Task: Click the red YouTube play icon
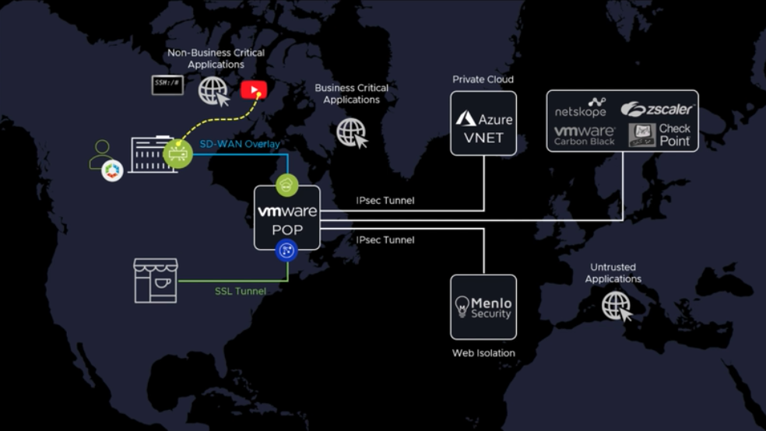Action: [254, 90]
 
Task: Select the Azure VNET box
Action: [483, 123]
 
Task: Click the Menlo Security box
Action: [483, 307]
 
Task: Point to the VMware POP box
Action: [287, 218]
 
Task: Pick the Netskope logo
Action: [581, 107]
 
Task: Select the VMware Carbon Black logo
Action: [585, 135]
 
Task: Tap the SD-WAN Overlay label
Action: [240, 145]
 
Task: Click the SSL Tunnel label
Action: [241, 291]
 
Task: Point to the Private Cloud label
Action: [483, 79]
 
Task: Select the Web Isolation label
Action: [483, 353]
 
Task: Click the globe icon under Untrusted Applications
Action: [617, 305]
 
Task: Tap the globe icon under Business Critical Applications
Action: [351, 132]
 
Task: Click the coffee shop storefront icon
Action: [156, 280]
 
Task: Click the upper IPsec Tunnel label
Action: [385, 201]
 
